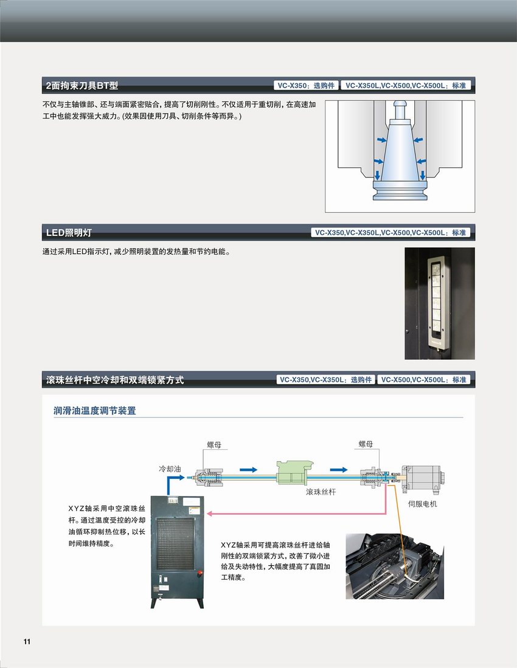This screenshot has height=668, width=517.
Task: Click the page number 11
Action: click(27, 642)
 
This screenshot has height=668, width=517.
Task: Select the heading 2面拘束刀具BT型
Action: click(82, 86)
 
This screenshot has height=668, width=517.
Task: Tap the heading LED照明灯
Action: click(69, 233)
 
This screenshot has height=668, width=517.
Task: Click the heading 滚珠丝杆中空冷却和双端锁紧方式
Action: click(115, 379)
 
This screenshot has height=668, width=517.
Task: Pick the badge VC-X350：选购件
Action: click(306, 86)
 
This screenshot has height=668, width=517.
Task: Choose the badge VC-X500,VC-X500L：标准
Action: click(424, 379)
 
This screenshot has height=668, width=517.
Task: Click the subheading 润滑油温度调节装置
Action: click(95, 411)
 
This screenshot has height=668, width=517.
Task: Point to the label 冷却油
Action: click(170, 469)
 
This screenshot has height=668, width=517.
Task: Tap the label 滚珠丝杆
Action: click(321, 492)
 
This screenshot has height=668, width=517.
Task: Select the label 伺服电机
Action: click(422, 504)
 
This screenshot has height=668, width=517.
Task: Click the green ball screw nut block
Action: click(294, 472)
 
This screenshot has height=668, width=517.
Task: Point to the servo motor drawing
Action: click(423, 477)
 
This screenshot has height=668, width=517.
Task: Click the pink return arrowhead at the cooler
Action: click(209, 514)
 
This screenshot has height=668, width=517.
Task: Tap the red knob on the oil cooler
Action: click(200, 574)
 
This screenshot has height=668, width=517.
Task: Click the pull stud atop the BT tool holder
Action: click(400, 109)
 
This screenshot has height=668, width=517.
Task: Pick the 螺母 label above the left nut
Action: click(214, 445)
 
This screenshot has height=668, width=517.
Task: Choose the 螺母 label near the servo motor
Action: click(366, 444)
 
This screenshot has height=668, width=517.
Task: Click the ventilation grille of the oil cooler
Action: click(176, 543)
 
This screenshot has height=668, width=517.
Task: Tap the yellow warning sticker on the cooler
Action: click(195, 511)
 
